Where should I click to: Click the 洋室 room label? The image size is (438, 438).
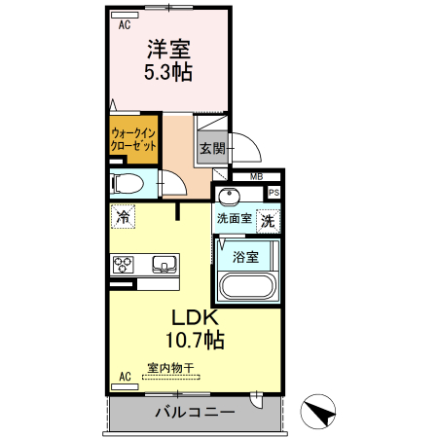[x=168, y=48]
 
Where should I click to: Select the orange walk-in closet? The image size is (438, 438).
[x=133, y=137]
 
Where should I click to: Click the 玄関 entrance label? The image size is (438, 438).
[x=212, y=149]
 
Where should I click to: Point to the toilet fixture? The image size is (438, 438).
[x=128, y=183]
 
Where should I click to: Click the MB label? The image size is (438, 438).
[x=255, y=176]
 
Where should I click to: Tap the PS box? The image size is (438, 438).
[x=274, y=193]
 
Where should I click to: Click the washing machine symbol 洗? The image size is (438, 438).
[x=269, y=221]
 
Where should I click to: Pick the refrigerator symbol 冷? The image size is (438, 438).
[x=123, y=218]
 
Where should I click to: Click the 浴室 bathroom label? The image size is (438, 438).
[x=246, y=257]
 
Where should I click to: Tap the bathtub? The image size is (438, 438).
[x=247, y=288]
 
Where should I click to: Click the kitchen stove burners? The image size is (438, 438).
[x=125, y=263]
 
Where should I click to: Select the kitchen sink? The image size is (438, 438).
[x=162, y=262]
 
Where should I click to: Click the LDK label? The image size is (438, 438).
[x=199, y=318]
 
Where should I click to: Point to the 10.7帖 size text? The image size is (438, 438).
[x=199, y=341]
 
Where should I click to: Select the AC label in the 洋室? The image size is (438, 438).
[x=125, y=26]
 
